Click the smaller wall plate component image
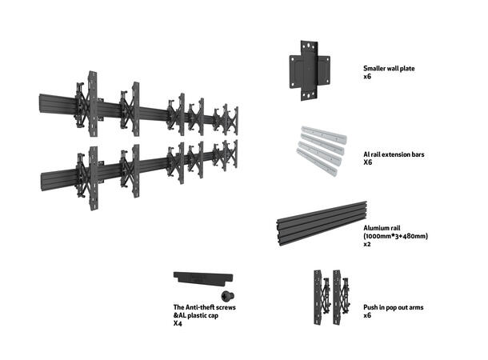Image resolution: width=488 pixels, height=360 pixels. coord(308,72)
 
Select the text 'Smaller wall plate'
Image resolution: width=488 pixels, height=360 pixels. coord(389,69)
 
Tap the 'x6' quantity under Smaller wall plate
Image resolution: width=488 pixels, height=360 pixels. coord(367,78)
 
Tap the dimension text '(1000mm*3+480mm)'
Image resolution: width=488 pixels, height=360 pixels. coord(395,236)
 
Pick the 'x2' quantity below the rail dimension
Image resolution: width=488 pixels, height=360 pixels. coord(367,245)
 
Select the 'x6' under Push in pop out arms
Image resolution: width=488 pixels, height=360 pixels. coord(367,316)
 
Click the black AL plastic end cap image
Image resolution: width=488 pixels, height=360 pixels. coord(202,278)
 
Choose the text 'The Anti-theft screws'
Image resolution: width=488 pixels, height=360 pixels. coord(204,307)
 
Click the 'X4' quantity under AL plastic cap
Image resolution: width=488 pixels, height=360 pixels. coord(178,325)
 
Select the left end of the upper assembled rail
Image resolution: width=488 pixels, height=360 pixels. coord(42,104)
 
